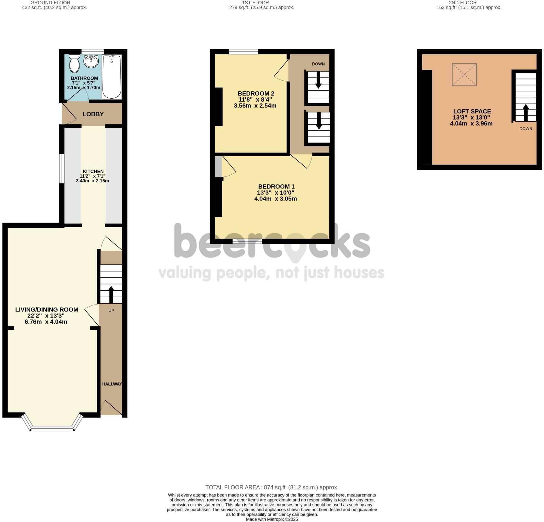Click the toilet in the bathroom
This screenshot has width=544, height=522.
pos(74,63)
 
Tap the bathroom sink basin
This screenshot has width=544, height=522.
pos(91,62)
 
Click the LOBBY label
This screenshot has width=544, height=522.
pos(93,114)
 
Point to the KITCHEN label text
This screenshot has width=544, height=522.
pos(93,171)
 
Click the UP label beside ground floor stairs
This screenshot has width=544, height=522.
pos(111,311)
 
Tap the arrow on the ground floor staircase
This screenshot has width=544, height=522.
pos(111,294)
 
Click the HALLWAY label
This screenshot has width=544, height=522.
pos(112,384)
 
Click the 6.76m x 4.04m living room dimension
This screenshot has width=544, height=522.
pos(46,322)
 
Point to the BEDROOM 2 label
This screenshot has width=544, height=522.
pos(254,93)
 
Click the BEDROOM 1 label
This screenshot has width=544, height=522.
pos(276,187)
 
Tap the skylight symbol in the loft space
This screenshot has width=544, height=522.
pos(464,75)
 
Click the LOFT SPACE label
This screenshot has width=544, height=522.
pos(472,111)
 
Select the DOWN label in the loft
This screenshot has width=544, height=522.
pos(525,129)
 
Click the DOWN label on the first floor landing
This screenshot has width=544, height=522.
pos(318,64)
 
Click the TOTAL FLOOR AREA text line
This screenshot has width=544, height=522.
pos(272,487)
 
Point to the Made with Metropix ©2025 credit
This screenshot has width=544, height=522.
pos(272,519)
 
